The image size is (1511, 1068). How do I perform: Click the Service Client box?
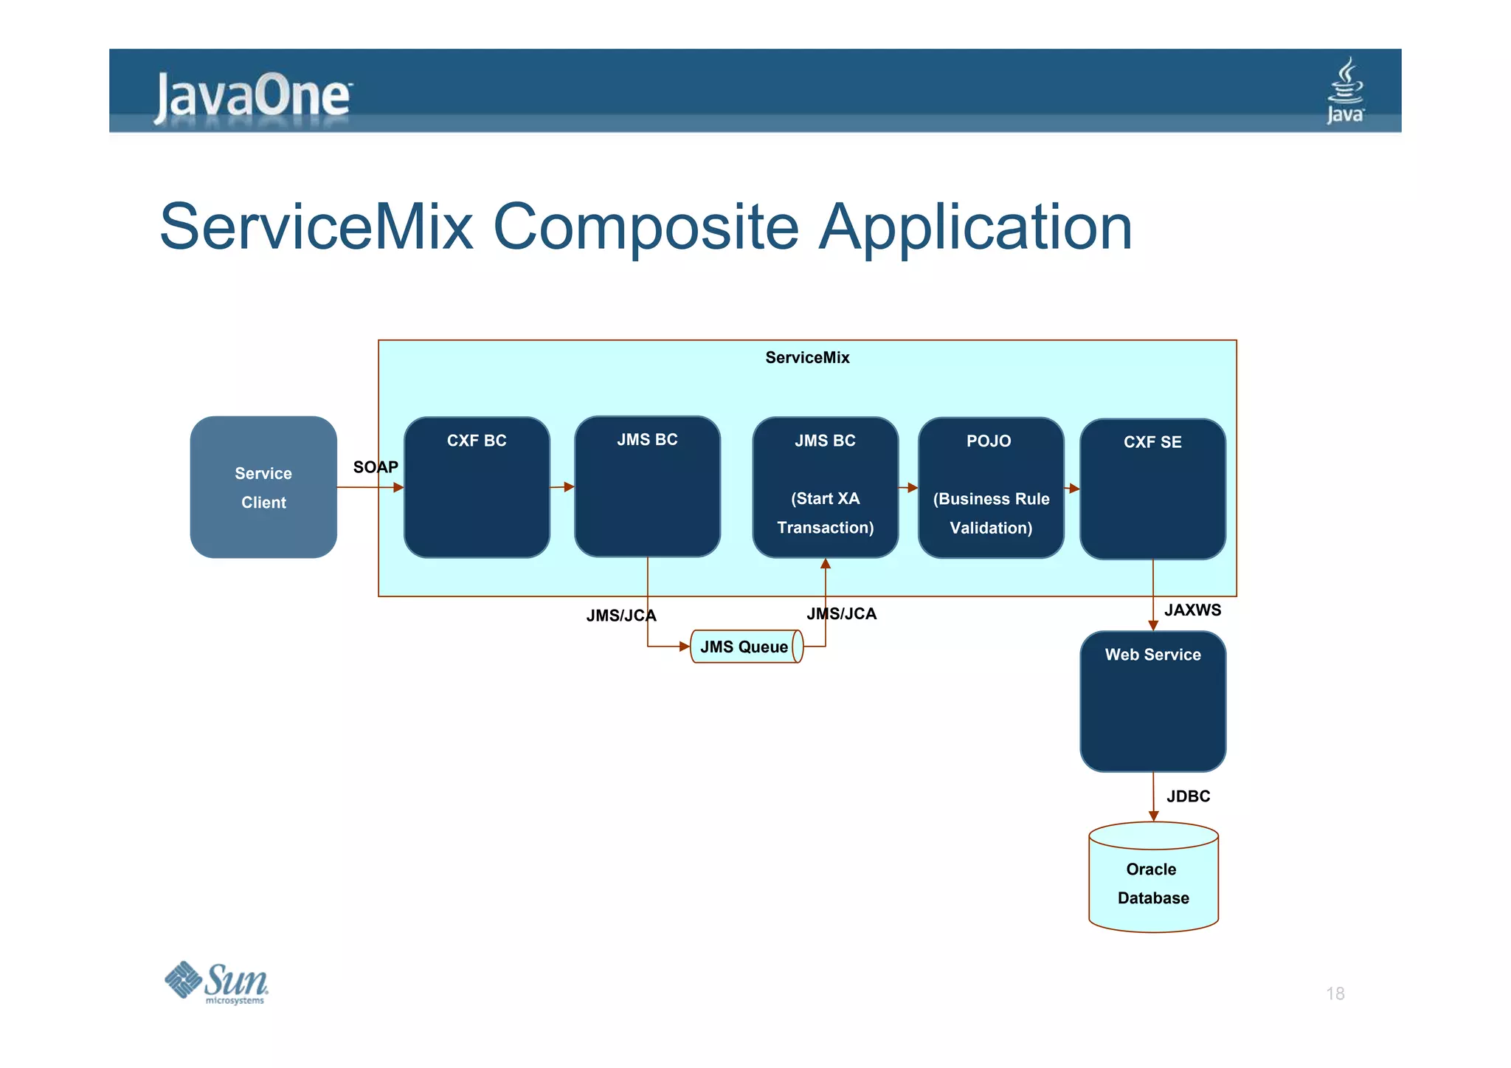(263, 487)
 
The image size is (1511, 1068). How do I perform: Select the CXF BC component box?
(477, 487)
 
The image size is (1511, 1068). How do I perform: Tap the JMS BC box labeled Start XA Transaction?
(825, 487)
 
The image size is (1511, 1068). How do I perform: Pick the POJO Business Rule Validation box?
(990, 487)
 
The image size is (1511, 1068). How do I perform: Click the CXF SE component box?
(1152, 489)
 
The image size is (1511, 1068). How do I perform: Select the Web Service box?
(1152, 701)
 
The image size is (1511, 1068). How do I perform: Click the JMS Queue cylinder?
(745, 647)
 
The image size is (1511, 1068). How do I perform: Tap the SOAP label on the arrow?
(376, 467)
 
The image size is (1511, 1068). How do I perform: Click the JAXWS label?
(1192, 610)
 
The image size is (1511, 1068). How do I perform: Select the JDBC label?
(1188, 796)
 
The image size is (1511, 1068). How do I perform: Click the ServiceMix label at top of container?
(807, 358)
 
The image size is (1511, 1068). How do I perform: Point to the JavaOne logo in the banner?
(252, 97)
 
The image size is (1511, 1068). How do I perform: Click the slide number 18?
(1335, 993)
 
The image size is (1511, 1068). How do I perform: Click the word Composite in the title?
(646, 227)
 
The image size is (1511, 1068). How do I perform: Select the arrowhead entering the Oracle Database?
(1153, 816)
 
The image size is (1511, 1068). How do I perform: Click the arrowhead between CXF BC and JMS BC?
(568, 487)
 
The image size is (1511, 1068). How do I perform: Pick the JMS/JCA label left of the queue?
(620, 616)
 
